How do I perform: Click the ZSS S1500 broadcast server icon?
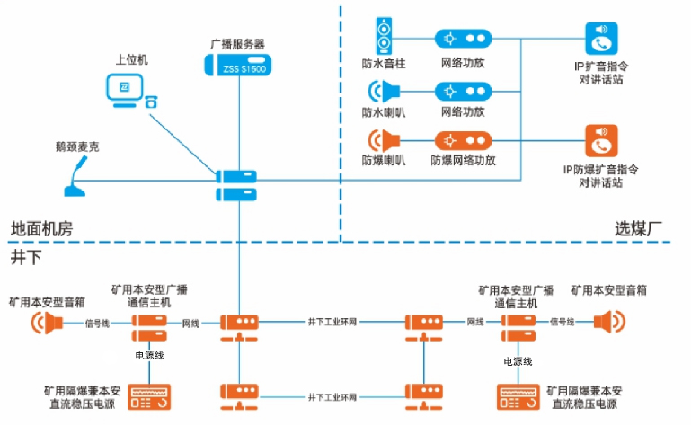tap(238, 66)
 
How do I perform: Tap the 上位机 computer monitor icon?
tap(123, 88)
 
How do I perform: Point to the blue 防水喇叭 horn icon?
tap(385, 91)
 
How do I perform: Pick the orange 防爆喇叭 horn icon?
tap(385, 142)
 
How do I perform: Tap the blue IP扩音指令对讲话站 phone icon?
tap(601, 39)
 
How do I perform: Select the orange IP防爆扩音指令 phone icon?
tap(601, 141)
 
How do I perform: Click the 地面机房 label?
tap(40, 228)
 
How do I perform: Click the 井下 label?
tap(24, 257)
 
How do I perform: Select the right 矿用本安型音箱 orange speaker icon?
tap(608, 322)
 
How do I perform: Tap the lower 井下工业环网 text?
tap(332, 396)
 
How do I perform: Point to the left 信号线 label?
tap(96, 322)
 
